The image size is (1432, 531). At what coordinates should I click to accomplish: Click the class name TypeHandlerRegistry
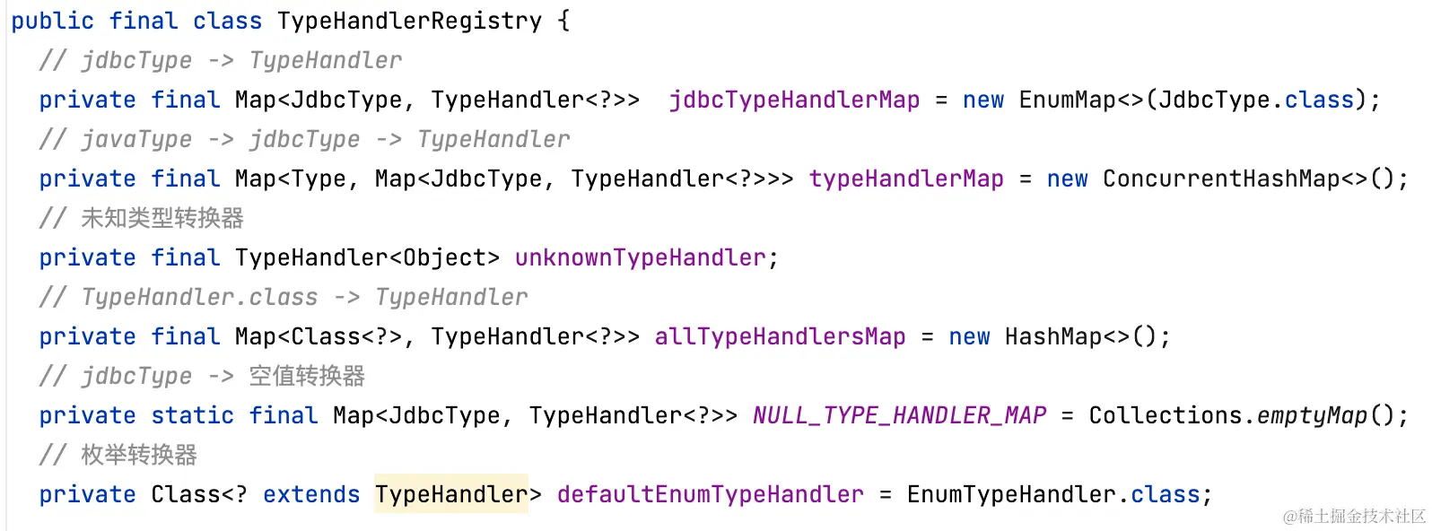409,21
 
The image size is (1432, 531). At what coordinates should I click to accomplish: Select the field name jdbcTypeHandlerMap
794,100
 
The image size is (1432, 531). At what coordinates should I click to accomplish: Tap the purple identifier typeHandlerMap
906,178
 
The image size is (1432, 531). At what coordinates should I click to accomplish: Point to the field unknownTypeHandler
641,257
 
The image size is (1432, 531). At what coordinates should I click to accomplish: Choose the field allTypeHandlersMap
780,336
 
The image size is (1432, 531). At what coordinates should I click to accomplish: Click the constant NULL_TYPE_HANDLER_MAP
899,415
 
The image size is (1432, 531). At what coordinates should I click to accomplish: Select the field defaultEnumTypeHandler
710,494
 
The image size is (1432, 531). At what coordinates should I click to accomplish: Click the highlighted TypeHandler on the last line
451,494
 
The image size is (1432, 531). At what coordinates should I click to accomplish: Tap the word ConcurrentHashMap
1221,178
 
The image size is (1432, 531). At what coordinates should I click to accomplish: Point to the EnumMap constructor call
1068,100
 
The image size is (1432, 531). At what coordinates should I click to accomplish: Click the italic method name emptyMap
1312,415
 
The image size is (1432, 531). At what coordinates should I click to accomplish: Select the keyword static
192,415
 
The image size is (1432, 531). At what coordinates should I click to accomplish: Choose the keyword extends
310,494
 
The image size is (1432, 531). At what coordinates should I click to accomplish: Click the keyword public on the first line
52,21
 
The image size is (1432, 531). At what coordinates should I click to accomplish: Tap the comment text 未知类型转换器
162,218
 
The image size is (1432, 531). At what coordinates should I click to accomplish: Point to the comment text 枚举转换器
139,455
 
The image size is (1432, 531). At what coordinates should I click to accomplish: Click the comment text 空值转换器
307,376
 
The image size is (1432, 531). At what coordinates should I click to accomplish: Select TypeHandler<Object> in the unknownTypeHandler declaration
367,257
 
